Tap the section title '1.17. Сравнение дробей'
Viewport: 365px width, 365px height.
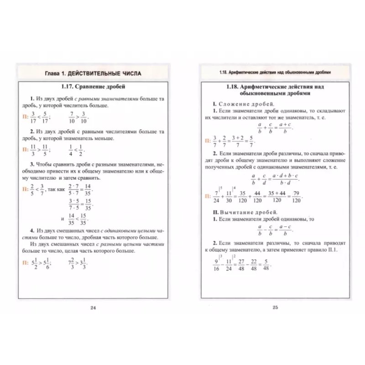(93, 86)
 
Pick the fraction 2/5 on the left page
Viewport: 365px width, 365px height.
(32, 188)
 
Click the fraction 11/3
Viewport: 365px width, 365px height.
(32, 149)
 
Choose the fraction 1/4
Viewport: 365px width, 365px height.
(72, 149)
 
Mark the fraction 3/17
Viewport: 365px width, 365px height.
(32, 117)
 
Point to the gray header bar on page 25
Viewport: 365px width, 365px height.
(275, 73)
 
